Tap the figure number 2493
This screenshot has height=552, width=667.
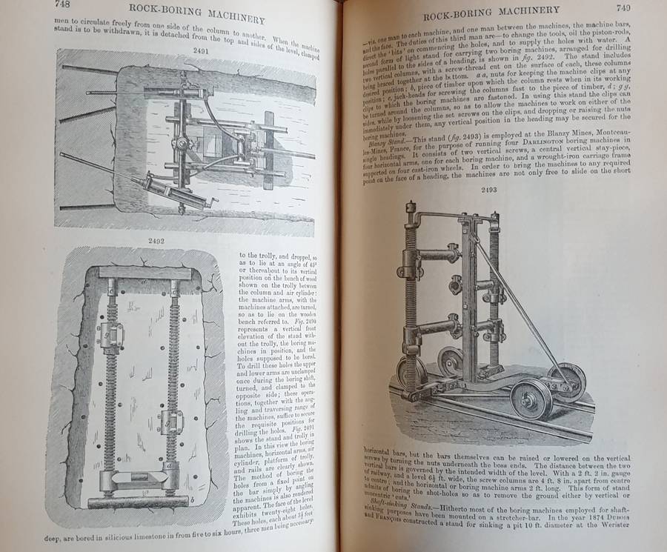(485, 190)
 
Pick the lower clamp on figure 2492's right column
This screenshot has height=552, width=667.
(171, 422)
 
